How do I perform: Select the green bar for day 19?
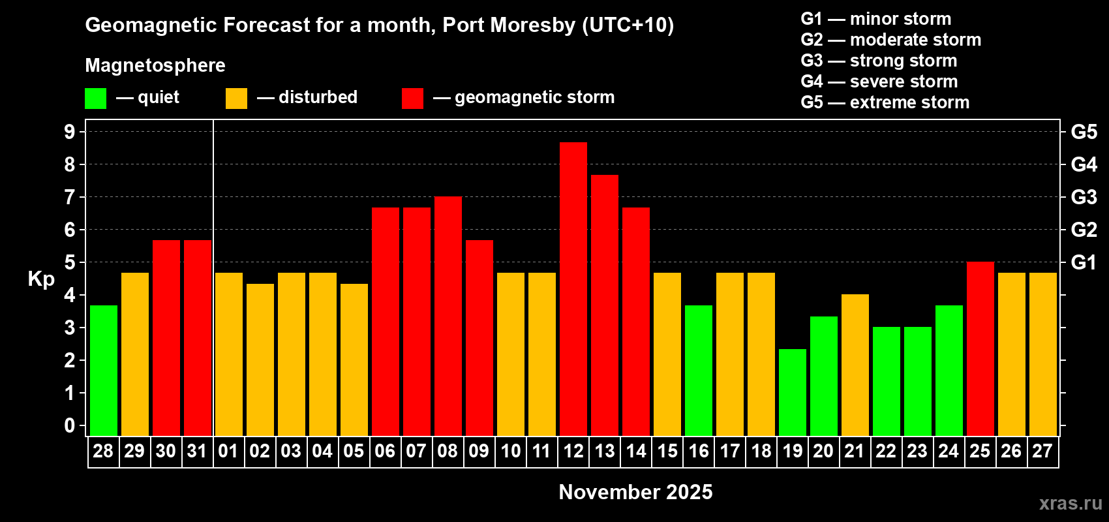pos(793,392)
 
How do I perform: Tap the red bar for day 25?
pos(980,348)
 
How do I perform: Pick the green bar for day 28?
pos(104,370)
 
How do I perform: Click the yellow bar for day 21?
pos(855,365)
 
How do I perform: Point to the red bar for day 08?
pos(448,316)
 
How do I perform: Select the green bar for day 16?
pos(699,370)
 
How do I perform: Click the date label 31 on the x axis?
pos(197,451)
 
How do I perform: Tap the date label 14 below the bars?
pos(636,451)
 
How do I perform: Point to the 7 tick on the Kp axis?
pos(70,197)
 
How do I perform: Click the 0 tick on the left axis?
pos(70,425)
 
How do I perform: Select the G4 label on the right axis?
pos(1084,164)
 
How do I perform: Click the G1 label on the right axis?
pos(1084,262)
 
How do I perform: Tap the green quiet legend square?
pos(96,99)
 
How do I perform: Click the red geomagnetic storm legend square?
pos(412,99)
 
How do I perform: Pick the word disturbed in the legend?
pos(318,97)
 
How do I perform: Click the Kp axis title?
pos(41,279)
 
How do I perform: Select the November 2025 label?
pos(635,492)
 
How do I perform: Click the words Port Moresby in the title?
pos(509,25)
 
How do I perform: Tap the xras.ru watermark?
pos(1071,502)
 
